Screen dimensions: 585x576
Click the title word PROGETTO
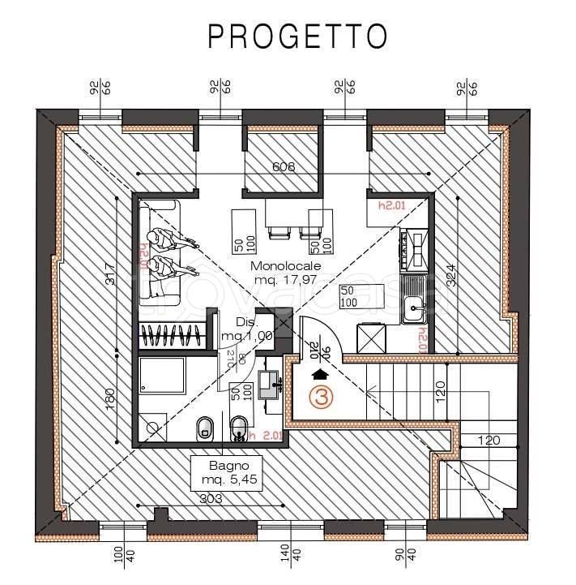296,36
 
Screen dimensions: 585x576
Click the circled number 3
322,398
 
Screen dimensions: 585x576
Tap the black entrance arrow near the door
321,375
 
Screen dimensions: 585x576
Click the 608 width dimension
284,168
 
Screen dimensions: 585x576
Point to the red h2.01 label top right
390,206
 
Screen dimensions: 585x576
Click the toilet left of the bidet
205,427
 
